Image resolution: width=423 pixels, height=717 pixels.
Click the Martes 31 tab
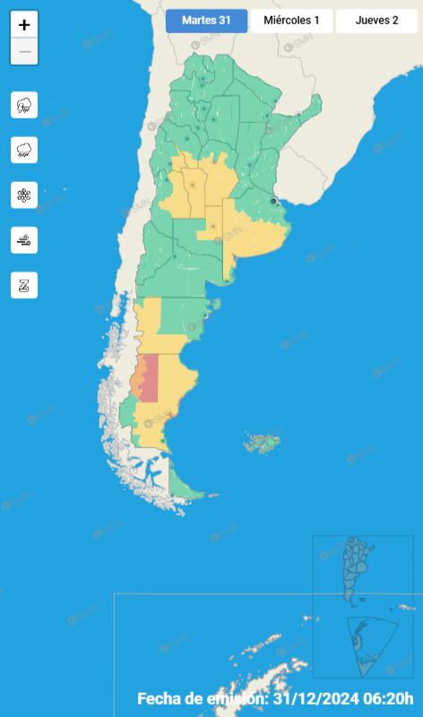tap(206, 21)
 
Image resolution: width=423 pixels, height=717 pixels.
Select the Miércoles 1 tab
tap(291, 21)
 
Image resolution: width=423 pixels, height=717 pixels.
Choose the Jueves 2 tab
tap(376, 21)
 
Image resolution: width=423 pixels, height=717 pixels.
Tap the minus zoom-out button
tap(24, 52)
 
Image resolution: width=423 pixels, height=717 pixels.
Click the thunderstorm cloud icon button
tap(24, 105)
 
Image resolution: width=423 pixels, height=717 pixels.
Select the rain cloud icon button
tap(24, 150)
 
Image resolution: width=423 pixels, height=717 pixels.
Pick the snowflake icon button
tap(24, 194)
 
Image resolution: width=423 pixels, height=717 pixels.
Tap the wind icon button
tap(24, 239)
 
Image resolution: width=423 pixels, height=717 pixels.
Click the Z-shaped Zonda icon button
tap(24, 285)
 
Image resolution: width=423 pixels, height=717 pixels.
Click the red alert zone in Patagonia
tap(151, 376)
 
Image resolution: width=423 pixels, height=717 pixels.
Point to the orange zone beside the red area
tap(136, 380)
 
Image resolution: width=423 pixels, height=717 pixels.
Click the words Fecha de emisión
tap(202, 699)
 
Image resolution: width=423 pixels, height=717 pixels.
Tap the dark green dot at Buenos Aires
tap(274, 202)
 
